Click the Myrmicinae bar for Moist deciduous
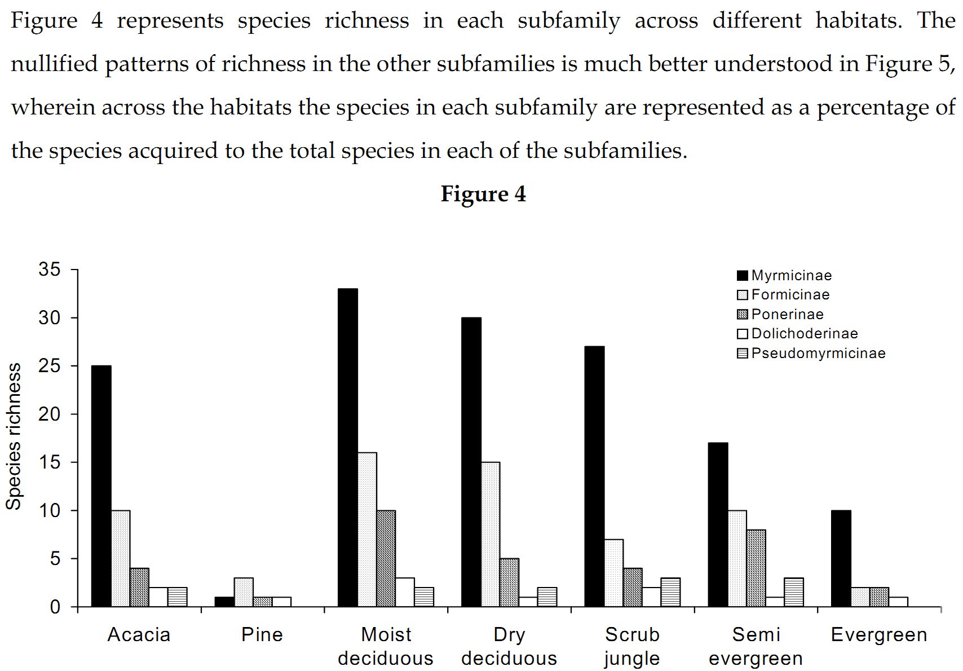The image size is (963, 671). [348, 448]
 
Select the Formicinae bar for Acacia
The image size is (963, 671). [121, 558]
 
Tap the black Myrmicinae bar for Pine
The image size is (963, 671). [224, 602]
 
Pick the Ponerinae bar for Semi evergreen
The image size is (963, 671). [756, 568]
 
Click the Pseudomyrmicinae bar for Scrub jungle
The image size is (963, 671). [670, 592]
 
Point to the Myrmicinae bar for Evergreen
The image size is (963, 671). [841, 558]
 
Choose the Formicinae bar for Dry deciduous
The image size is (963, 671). [491, 534]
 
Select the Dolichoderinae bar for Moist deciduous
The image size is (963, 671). [405, 592]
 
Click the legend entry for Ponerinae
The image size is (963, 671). [787, 314]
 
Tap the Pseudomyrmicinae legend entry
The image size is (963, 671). [818, 353]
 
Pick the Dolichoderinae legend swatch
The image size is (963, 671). [743, 334]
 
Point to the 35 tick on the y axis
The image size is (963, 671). [49, 270]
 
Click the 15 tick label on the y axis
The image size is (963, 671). [49, 462]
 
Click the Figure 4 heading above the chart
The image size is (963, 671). [483, 194]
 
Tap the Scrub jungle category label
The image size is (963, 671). [632, 646]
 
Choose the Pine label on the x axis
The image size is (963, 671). [262, 635]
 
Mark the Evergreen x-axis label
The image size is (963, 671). [879, 635]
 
